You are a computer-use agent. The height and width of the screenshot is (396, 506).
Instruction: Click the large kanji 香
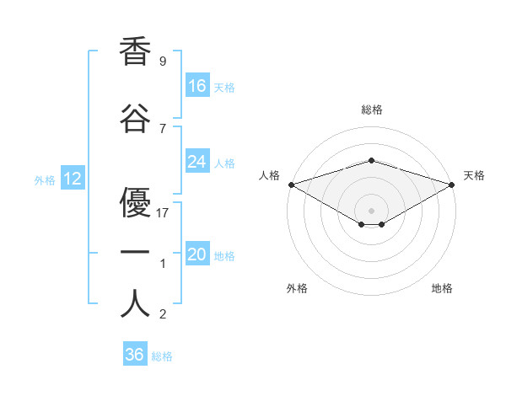135,51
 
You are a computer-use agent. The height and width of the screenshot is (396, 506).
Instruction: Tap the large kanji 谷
135,118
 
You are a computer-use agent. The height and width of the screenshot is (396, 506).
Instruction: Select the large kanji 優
135,202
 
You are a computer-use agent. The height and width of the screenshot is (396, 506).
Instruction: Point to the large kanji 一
135,252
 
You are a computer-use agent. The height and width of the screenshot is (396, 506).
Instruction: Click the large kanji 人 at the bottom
135,302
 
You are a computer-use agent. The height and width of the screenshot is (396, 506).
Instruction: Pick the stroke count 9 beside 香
163,61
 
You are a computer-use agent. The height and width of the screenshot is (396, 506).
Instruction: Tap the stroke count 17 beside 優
162,213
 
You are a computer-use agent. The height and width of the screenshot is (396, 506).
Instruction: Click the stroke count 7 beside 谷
163,129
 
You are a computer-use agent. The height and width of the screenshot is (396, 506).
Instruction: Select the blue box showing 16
197,85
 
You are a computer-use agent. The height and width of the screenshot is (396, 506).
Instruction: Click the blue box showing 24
197,161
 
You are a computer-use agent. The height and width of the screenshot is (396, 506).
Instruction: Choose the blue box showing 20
197,253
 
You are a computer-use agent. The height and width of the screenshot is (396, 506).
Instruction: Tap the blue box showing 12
73,178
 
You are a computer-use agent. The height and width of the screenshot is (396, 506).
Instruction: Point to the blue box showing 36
135,353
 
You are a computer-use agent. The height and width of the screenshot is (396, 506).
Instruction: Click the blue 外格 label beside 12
45,180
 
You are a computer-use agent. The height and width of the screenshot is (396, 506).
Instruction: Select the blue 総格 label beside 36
162,356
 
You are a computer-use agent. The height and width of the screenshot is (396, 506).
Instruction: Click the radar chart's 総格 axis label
372,110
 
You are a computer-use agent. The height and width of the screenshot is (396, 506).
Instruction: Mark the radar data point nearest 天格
452,185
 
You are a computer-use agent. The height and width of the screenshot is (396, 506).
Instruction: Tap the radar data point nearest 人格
292,185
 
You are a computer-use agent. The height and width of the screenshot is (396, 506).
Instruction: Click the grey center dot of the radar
371,211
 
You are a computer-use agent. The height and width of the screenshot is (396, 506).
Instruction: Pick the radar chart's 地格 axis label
442,288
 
